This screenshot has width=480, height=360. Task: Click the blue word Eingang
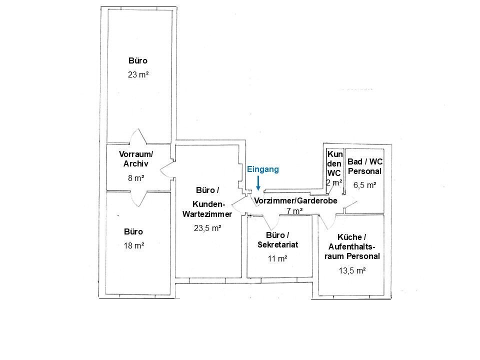(x=263, y=169)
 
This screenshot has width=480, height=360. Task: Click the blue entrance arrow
(x=258, y=183)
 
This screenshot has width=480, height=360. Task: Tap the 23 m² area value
(x=138, y=74)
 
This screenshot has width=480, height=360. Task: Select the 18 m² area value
(x=134, y=245)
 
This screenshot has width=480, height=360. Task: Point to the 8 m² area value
(x=136, y=178)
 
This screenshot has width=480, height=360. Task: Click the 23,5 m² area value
(x=207, y=228)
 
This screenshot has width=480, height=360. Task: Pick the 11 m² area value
(x=277, y=258)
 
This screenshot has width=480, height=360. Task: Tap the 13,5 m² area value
(x=352, y=270)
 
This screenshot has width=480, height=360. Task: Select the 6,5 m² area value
(x=365, y=185)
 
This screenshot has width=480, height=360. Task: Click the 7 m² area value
(x=295, y=211)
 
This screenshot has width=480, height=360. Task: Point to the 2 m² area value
(x=334, y=183)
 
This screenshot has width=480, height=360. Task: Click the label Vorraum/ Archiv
(x=136, y=159)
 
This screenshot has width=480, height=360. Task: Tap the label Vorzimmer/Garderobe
(x=295, y=201)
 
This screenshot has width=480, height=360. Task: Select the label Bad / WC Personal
(x=365, y=166)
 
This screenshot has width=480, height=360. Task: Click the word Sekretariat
(x=278, y=244)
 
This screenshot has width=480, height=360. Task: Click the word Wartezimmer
(x=207, y=214)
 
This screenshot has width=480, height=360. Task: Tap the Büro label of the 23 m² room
(x=138, y=60)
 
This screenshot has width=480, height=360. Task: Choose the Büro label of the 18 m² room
(x=133, y=231)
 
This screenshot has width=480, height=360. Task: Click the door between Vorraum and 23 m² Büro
(x=138, y=137)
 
